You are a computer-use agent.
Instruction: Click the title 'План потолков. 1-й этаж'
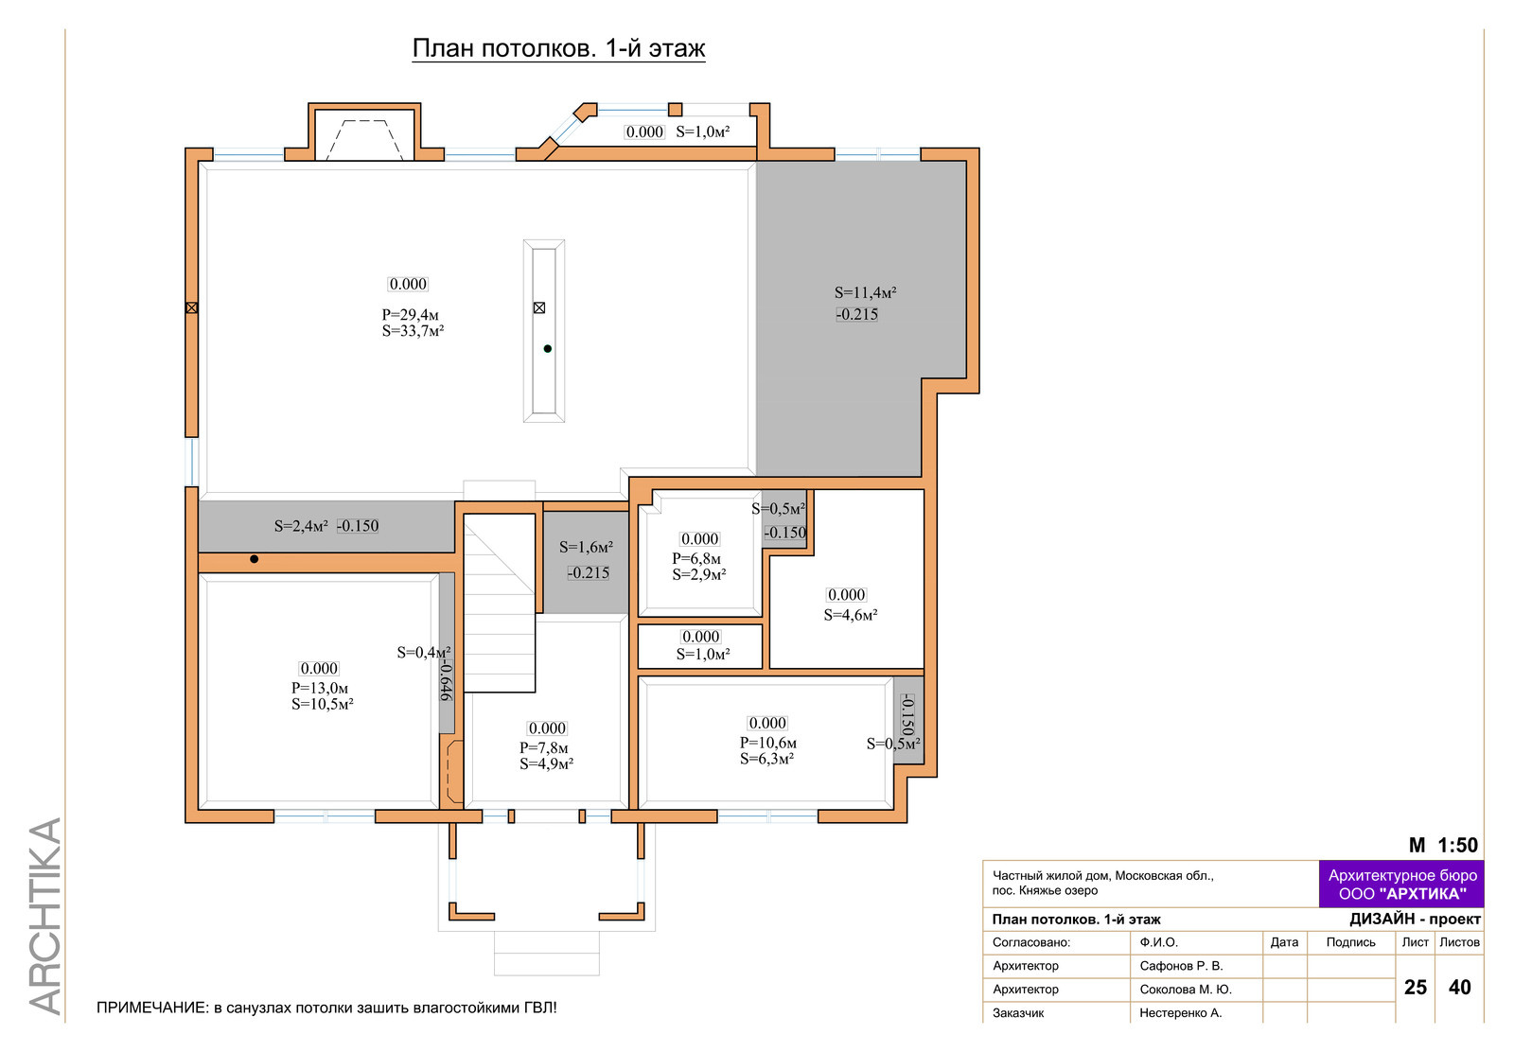(559, 48)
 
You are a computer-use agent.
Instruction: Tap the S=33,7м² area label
(413, 331)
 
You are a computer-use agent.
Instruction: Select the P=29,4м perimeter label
(411, 315)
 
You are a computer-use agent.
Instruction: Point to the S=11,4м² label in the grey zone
(865, 292)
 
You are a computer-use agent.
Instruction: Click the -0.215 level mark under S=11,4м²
(857, 314)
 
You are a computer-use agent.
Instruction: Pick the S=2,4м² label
(301, 526)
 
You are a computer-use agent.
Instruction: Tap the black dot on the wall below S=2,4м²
(255, 559)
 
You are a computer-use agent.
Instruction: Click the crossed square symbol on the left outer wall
(192, 308)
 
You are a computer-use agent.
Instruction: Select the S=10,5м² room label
(323, 704)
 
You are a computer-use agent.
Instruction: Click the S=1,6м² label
(586, 547)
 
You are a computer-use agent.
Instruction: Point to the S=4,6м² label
(851, 615)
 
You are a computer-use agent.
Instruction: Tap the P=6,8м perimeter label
(696, 559)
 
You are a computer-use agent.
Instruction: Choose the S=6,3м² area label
(766, 759)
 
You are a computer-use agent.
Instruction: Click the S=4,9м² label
(546, 764)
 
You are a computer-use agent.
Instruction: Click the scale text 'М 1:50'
(1443, 845)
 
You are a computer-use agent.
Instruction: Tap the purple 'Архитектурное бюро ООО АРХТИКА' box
(1401, 885)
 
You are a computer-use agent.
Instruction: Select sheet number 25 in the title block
(1416, 988)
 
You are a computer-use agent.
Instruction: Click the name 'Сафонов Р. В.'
(1182, 966)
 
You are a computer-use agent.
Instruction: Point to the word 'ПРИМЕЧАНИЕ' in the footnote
(152, 1008)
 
